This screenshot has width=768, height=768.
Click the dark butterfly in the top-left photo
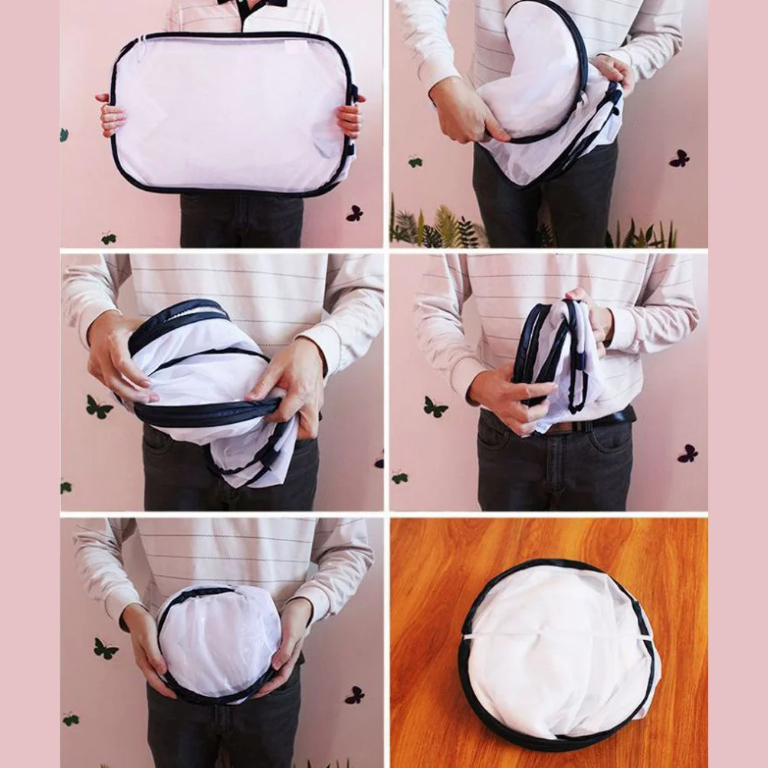pos(354,213)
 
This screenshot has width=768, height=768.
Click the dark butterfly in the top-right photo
pos(679,158)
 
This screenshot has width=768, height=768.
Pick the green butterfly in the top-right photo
pos(415,162)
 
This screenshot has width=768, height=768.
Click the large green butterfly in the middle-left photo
pos(98,407)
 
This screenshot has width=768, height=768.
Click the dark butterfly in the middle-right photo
pos(688,453)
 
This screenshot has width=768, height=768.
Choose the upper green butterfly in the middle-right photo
pos(435,407)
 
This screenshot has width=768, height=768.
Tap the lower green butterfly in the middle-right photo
pos(399,478)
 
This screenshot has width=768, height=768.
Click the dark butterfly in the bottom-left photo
pos(354,695)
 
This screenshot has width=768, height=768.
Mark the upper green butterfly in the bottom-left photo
pos(105,648)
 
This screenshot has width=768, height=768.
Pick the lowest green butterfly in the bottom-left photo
pos(71,719)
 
